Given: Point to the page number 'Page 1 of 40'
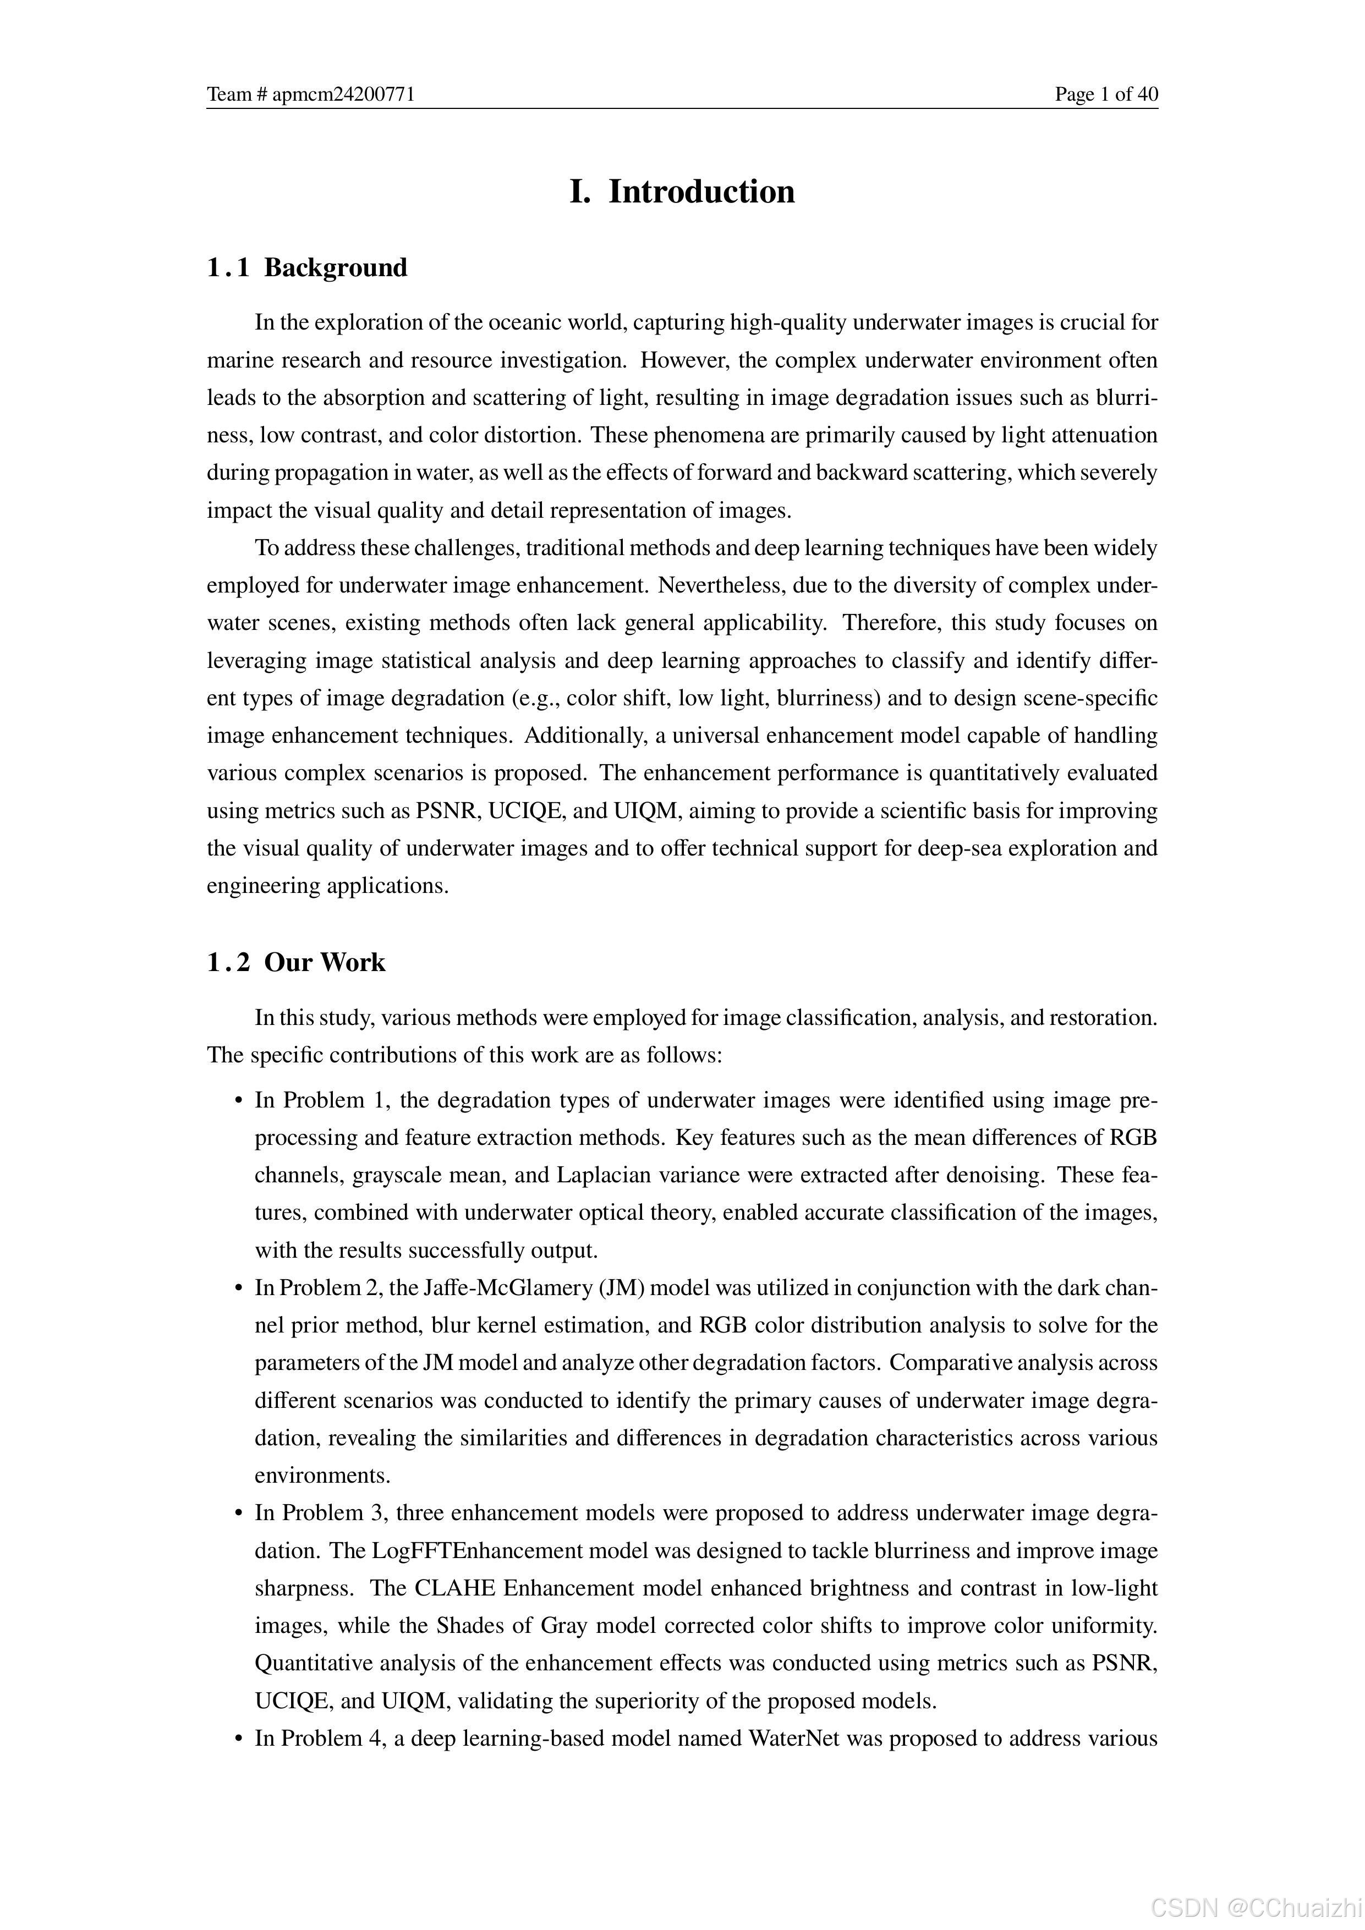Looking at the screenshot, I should coord(1106,94).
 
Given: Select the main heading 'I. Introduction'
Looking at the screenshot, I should coord(682,191).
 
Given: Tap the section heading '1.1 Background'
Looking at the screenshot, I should coord(308,267).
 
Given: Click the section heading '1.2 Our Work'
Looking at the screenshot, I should coord(296,962).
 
